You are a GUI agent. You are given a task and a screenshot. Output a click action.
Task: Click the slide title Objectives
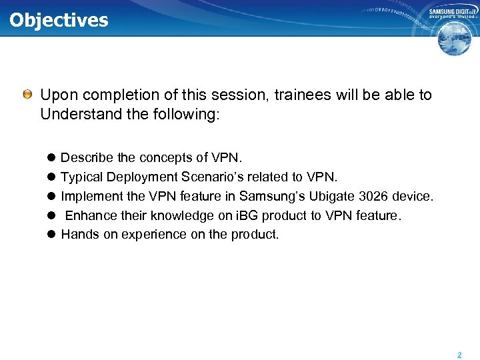(x=59, y=19)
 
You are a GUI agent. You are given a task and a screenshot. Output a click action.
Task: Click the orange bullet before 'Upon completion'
(x=27, y=95)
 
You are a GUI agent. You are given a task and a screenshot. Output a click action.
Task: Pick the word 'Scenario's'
(x=211, y=177)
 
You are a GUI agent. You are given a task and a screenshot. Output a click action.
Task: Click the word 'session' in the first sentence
(x=208, y=95)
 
